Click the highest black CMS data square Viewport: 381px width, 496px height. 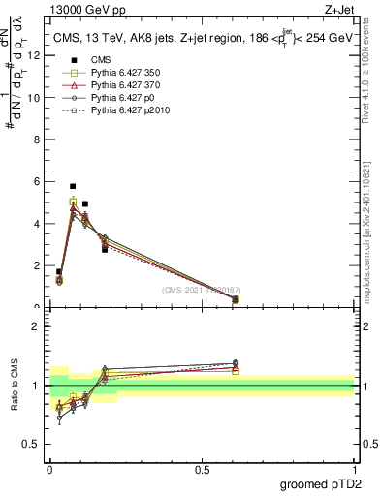73,186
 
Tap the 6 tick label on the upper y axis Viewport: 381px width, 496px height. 36,181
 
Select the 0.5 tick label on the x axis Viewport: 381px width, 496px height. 202,469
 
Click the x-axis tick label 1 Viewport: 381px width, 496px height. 354,469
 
